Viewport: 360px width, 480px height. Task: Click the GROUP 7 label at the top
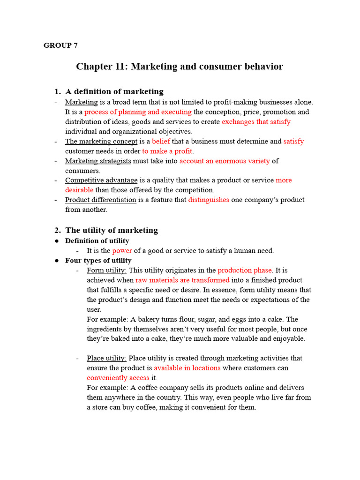60,45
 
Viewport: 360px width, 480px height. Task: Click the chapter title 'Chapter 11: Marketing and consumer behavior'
180,67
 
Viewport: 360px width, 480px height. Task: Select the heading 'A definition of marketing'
114,91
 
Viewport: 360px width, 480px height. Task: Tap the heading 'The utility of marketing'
112,230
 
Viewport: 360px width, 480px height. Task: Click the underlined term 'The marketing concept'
101,141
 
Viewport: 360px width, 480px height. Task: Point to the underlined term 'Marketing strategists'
98,161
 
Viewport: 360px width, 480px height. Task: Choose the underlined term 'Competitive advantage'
101,180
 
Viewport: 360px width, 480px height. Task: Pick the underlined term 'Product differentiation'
101,200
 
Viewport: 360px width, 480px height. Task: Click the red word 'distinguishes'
209,200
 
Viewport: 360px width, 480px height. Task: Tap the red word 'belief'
161,141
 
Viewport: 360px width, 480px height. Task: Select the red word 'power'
122,251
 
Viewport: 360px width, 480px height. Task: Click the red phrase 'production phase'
245,270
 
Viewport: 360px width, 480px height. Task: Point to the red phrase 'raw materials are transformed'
182,280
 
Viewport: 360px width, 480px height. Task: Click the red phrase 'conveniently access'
118,378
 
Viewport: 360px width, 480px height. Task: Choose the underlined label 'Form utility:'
107,270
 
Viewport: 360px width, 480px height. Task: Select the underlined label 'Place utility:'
107,358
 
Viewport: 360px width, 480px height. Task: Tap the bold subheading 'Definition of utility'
97,241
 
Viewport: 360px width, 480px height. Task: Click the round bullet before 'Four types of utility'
56,261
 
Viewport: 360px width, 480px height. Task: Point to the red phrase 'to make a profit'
168,151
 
